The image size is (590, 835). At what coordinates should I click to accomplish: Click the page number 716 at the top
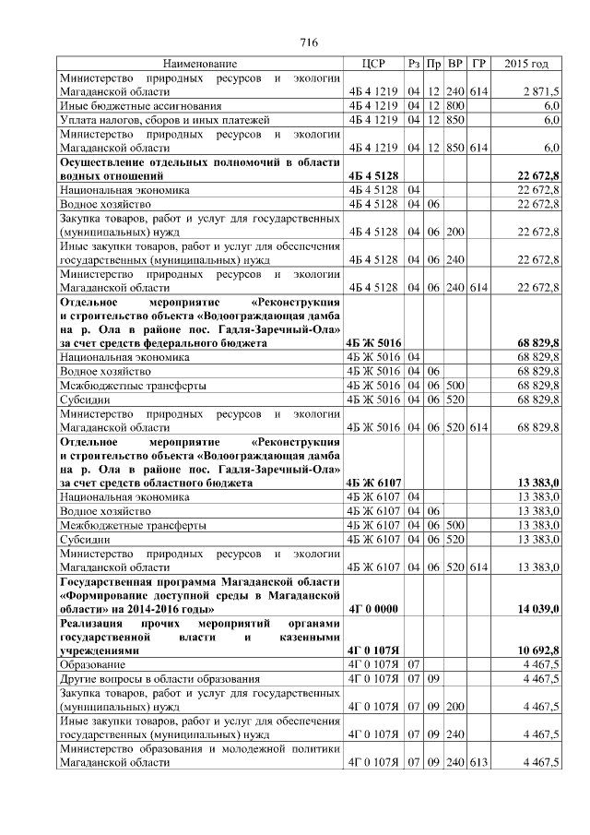(x=310, y=42)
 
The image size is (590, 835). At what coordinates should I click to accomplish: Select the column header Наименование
(x=199, y=65)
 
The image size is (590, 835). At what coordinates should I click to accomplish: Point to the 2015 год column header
(x=527, y=65)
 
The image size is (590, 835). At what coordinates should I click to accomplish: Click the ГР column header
(x=478, y=65)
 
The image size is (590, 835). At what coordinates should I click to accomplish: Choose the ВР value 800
(x=455, y=107)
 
